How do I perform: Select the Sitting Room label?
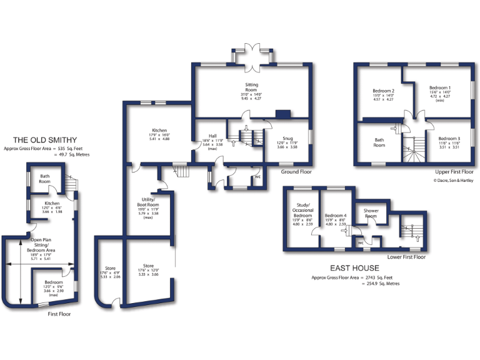(x=251, y=87)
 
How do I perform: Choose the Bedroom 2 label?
(x=383, y=91)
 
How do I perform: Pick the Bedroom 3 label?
(x=449, y=138)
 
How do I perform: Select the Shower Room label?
(x=371, y=213)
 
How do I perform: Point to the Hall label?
(x=212, y=136)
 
